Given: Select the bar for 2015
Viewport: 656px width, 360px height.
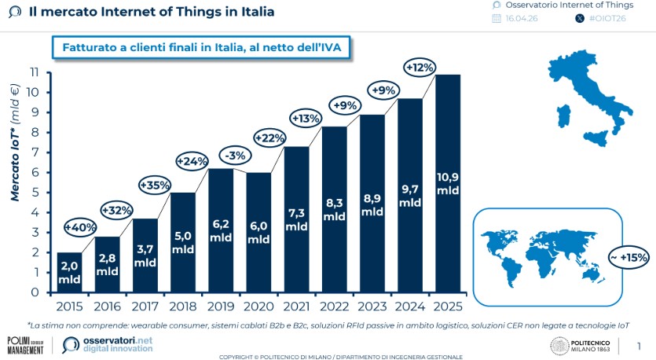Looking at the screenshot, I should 69,272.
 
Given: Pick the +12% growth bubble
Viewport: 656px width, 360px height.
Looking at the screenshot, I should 420,68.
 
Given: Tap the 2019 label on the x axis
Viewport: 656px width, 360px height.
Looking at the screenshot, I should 221,306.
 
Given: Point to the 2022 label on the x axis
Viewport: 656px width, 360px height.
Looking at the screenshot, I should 334,306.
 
